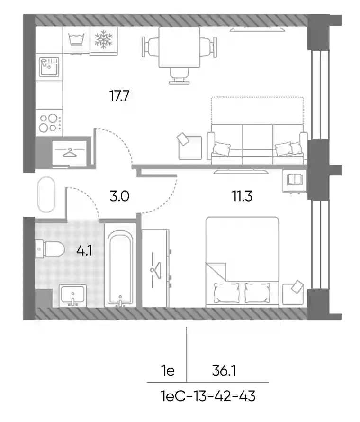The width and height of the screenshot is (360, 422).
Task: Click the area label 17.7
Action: (119, 96)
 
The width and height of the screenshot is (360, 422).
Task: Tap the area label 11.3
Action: (242, 196)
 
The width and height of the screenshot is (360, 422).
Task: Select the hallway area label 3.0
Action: (119, 196)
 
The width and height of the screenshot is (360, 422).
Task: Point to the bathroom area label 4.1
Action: (84, 250)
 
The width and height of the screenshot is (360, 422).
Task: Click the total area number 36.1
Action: (224, 371)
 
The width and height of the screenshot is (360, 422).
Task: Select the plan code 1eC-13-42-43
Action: (208, 396)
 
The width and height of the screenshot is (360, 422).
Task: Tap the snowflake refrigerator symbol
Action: (104, 40)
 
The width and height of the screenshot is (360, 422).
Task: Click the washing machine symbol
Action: (76, 40)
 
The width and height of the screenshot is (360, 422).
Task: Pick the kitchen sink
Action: (49, 67)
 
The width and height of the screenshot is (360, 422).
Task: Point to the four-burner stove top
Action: (49, 123)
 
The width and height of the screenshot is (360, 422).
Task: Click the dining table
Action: (180, 47)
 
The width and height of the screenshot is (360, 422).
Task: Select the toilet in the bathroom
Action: (50, 248)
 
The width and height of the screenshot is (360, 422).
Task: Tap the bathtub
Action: (120, 268)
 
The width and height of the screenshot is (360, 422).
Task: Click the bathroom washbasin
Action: (73, 295)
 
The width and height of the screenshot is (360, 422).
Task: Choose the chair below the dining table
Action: (179, 75)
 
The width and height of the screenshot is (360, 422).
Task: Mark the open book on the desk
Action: (295, 180)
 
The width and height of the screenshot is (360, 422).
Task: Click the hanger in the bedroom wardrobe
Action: (156, 270)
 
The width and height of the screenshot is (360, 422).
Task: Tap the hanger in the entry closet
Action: (70, 152)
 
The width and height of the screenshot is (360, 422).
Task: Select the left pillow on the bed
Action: (226, 293)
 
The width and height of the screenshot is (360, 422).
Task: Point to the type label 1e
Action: (168, 371)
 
